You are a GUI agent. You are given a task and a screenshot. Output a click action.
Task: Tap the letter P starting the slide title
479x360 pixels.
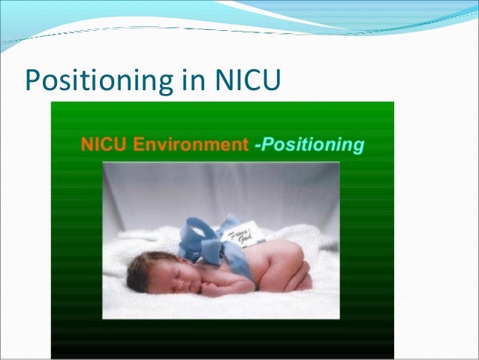(32, 78)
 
